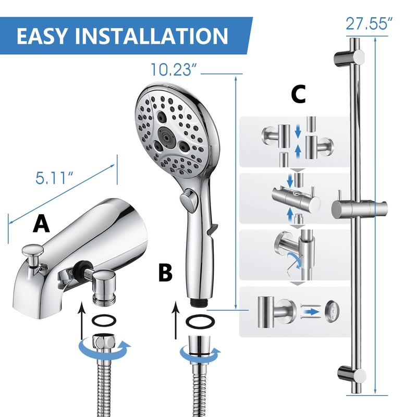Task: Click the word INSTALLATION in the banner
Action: [152, 35]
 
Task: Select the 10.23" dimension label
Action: [173, 69]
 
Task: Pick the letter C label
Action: [298, 94]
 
